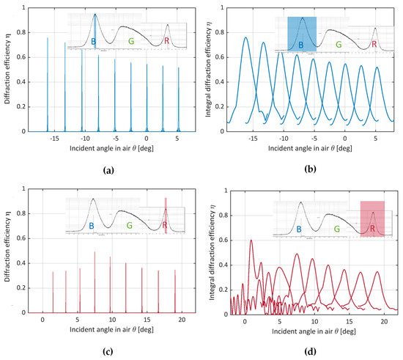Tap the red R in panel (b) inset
pos(374,45)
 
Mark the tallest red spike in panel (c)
pos(95,252)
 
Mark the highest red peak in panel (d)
pos(251,240)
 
